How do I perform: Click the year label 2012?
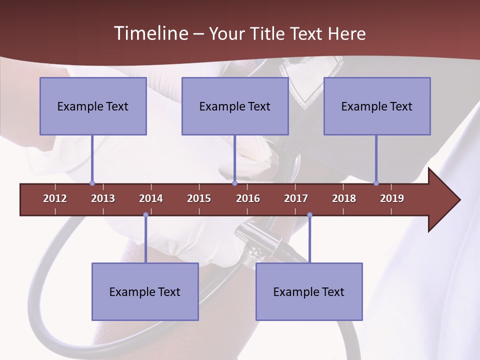[55, 198]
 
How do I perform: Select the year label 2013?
[103, 198]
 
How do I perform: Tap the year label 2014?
[151, 198]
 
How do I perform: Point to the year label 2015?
[199, 198]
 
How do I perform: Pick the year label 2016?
[248, 198]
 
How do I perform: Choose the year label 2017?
[296, 198]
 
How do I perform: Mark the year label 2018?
[344, 198]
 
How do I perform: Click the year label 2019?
[392, 198]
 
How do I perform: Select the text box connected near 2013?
[93, 106]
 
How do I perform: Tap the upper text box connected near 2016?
[235, 106]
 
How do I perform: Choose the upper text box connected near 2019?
[377, 106]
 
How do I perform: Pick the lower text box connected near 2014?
[145, 291]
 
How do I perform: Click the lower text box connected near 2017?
[309, 291]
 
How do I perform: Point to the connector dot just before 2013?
[92, 183]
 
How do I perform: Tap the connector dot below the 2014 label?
[145, 215]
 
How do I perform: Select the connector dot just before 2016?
[234, 183]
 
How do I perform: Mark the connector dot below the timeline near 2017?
[309, 215]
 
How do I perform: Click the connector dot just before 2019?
[376, 183]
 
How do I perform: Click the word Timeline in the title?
[150, 33]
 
